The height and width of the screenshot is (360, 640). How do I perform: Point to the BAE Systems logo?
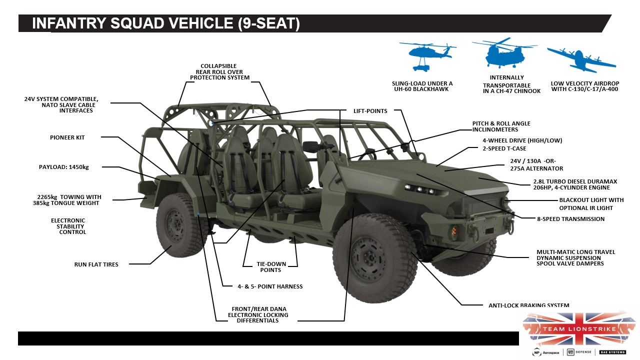pyautogui.click(x=612, y=352)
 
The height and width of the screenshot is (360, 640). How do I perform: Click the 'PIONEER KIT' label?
pyautogui.click(x=67, y=137)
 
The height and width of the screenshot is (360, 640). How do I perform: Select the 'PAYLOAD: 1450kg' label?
pyautogui.click(x=64, y=167)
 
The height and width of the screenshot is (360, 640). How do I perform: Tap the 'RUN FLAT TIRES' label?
pyautogui.click(x=96, y=264)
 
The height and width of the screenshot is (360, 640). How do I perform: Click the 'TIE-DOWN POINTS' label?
pyautogui.click(x=270, y=267)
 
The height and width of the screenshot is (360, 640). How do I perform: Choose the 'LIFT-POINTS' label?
pyautogui.click(x=370, y=111)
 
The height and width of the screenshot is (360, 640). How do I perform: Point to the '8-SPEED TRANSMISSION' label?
pyautogui.click(x=570, y=219)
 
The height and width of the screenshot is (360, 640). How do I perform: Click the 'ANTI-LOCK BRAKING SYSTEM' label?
pyautogui.click(x=528, y=305)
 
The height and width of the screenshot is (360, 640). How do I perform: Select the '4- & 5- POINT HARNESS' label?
pyautogui.click(x=270, y=286)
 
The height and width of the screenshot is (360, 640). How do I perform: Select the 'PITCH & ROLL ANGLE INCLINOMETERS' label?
pyautogui.click(x=501, y=126)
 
